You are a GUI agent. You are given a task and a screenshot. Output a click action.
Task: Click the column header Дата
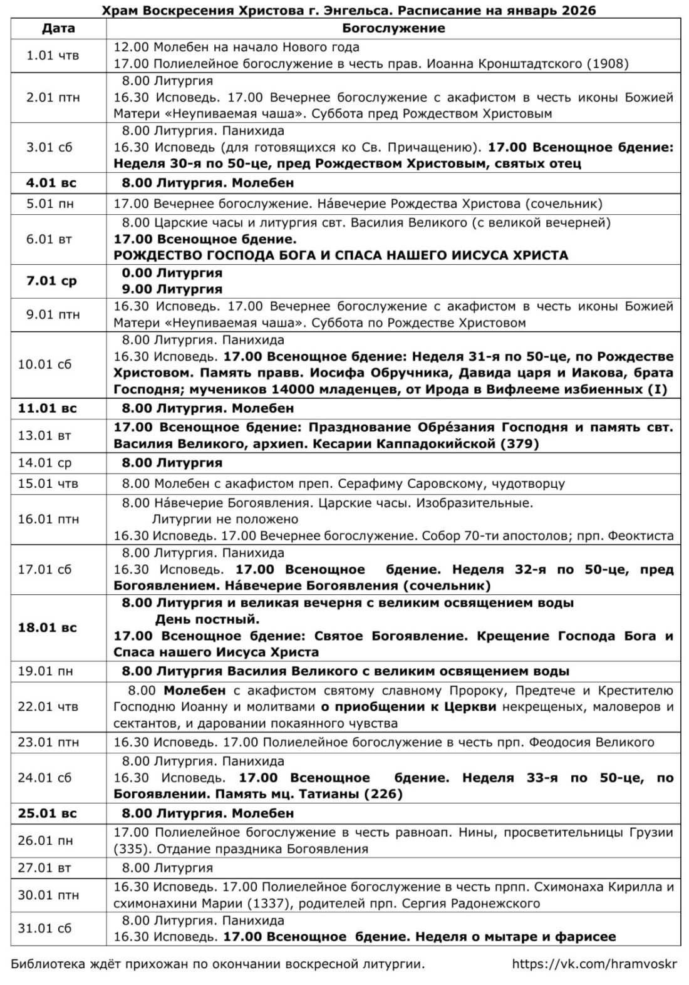58,28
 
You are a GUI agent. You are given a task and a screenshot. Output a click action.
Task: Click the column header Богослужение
393,28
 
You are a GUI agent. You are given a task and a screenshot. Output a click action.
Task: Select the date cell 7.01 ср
51,281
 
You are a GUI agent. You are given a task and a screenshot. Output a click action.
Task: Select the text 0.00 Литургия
172,273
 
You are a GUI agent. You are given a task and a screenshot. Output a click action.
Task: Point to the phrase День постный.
207,619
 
